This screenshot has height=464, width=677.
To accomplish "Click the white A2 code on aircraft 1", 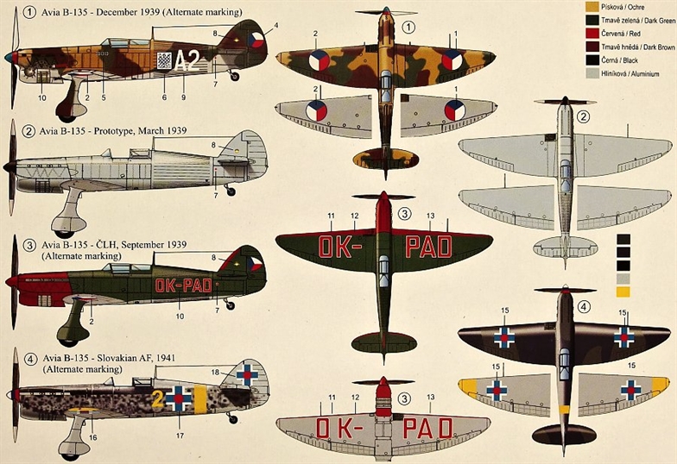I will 187,60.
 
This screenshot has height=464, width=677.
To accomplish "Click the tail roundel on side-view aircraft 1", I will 256,40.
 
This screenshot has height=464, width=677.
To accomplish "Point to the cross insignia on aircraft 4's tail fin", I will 247,374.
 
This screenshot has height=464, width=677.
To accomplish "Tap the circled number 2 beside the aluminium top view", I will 584,116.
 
